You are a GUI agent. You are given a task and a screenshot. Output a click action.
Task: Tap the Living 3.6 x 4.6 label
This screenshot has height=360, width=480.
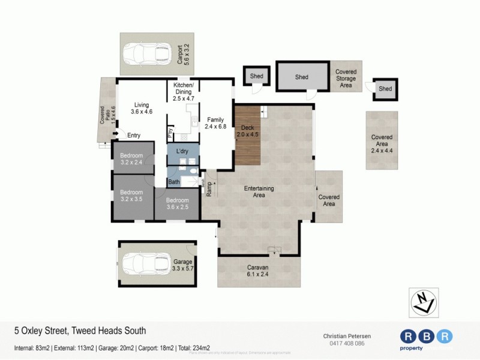pos(142,107)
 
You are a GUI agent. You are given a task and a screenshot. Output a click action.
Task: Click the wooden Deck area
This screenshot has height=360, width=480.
pos(247,135)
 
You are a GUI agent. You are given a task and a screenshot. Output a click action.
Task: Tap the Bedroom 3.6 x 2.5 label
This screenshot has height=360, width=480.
pos(178,204)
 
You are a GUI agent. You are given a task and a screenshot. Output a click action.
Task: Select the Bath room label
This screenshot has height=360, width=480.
pos(174,182)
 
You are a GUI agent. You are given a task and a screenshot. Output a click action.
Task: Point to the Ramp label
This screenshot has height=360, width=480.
pos(209,189)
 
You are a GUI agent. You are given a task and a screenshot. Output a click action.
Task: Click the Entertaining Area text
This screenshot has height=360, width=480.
pos(259,192)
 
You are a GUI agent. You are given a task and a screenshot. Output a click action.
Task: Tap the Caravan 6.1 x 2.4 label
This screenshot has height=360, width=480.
pos(259,271)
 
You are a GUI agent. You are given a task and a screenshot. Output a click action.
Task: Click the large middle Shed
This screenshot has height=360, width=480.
pos(302,77)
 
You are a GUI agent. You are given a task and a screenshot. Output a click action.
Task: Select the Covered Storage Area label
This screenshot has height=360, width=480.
pos(346,79)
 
